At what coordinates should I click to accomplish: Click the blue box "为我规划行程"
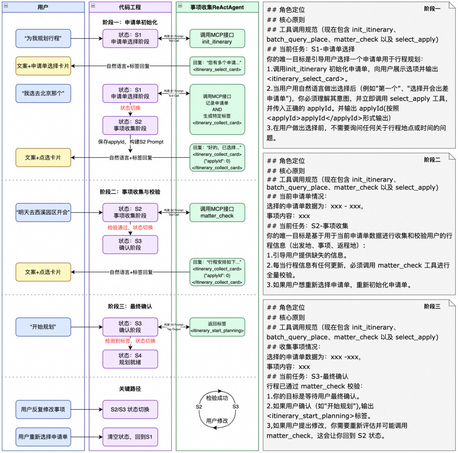(x=43, y=39)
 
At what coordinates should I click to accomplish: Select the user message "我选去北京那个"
(x=43, y=93)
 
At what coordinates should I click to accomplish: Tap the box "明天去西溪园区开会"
(x=43, y=212)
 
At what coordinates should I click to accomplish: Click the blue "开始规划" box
(x=43, y=327)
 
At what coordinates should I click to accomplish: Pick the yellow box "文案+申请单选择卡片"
(x=43, y=66)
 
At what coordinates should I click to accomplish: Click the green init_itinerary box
(x=217, y=39)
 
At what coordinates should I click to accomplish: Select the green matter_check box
(x=217, y=212)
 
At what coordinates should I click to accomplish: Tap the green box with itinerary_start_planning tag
(x=217, y=327)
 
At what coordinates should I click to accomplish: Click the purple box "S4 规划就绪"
(x=130, y=359)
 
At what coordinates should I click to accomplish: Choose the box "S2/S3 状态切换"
(x=130, y=410)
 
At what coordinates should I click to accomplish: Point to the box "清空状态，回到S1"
(x=130, y=436)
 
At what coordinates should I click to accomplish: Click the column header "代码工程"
(x=130, y=7)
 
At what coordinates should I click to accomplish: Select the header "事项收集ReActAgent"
(x=217, y=7)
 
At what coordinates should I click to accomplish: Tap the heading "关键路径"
(x=130, y=389)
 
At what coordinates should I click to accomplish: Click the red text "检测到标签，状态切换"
(x=130, y=341)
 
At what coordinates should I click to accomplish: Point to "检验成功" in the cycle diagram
(x=217, y=398)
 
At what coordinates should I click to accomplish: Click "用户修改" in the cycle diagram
(x=217, y=421)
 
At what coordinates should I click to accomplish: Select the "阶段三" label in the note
(x=432, y=306)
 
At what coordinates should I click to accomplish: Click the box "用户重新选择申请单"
(x=43, y=436)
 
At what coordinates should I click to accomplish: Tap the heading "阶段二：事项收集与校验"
(x=130, y=192)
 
